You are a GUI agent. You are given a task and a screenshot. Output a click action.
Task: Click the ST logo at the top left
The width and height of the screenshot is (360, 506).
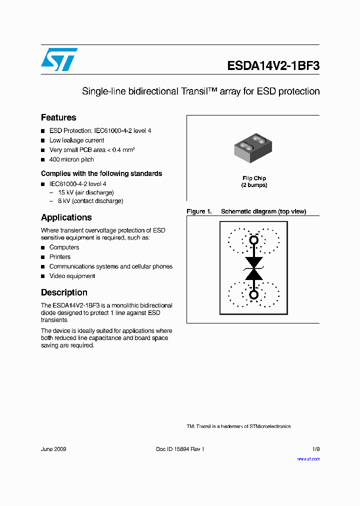point(59,59)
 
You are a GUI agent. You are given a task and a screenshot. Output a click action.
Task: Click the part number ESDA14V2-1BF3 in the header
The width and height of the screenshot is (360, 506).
point(273,66)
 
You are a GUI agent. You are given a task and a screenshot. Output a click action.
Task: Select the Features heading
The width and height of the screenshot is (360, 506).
point(58,117)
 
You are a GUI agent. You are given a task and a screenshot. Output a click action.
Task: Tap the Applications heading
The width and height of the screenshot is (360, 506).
point(66,217)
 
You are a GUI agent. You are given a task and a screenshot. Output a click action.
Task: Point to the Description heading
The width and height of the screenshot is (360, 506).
point(64,292)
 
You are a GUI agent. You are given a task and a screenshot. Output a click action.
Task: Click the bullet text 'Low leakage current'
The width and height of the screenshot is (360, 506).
point(76,140)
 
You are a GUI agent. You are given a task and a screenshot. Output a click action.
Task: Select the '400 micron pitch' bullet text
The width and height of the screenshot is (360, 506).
point(71,159)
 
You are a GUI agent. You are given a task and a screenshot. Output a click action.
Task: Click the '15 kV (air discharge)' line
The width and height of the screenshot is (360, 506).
point(85,192)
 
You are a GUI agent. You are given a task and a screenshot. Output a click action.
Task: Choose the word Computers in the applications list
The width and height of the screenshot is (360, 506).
point(64,247)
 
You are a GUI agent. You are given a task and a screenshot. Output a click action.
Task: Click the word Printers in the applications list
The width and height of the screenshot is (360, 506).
point(60,257)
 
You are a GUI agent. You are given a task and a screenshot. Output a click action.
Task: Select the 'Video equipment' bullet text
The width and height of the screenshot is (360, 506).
point(72,276)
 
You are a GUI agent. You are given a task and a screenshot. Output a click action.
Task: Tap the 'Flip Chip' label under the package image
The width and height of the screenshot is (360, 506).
point(254,178)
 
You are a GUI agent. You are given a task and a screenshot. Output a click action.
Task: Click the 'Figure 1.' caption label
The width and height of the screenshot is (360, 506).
point(199,211)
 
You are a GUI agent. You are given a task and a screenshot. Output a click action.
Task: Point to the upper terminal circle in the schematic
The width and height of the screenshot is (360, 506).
point(253,240)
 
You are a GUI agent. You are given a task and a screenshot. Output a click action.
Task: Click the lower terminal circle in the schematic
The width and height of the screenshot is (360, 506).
point(253,294)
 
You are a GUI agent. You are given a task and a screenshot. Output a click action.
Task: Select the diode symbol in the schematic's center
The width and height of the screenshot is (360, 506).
point(253,268)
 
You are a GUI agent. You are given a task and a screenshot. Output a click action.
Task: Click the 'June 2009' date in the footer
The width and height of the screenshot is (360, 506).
point(53,449)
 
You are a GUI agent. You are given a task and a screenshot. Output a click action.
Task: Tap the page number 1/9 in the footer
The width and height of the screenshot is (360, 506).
point(315,449)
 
